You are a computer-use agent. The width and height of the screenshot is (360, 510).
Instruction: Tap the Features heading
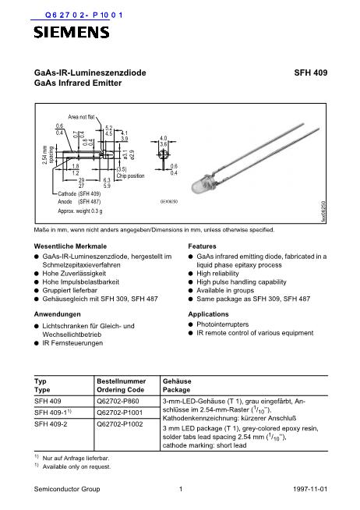point(204,245)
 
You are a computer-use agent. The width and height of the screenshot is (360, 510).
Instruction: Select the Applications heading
point(210,313)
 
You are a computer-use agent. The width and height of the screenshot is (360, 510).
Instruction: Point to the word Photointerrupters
point(226,324)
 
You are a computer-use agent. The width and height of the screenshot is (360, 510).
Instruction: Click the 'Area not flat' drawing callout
point(83,115)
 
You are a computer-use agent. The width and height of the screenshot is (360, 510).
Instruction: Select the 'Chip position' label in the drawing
point(129,175)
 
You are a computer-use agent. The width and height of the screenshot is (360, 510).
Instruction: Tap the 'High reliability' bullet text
point(220,274)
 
